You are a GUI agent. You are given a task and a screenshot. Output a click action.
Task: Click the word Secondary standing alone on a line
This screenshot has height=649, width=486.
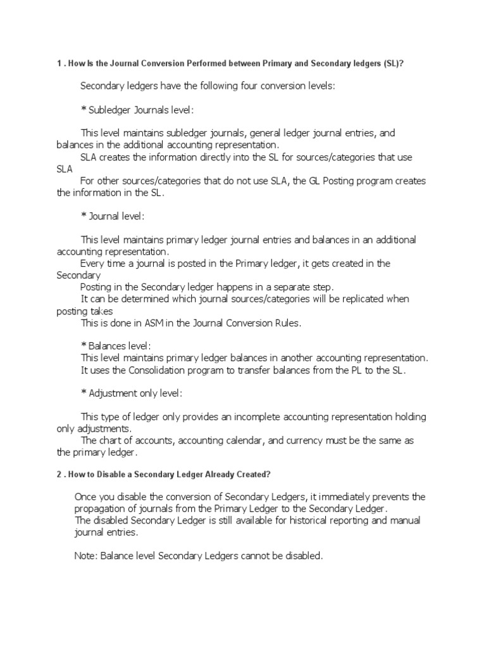point(79,275)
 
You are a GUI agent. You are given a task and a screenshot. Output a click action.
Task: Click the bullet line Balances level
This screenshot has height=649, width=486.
point(116,346)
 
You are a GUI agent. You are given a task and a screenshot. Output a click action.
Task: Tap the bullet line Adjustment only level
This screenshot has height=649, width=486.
point(132,394)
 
